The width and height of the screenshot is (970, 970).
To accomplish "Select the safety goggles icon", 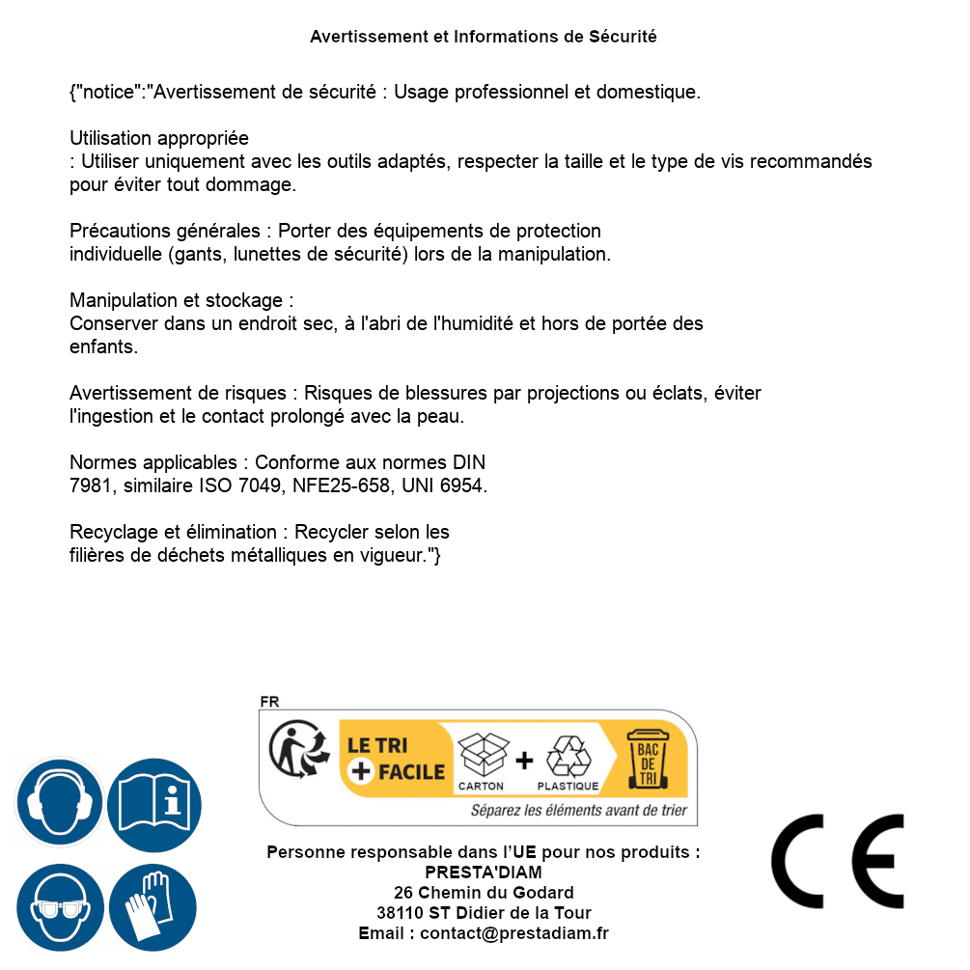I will coord(60,907).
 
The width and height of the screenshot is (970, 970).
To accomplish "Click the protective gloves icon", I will coord(154,907).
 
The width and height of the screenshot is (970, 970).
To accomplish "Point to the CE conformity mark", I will coord(838,861).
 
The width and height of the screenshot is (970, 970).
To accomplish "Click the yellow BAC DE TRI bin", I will coord(648,759).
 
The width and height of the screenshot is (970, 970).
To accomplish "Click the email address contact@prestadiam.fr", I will coord(514,933).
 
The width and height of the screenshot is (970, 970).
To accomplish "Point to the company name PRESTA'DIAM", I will coord(484,873).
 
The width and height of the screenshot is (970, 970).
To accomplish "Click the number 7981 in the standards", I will coord(89,486).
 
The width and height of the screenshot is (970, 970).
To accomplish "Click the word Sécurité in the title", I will coord(623,37).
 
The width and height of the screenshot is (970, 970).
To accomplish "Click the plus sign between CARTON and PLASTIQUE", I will coord(524,761).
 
